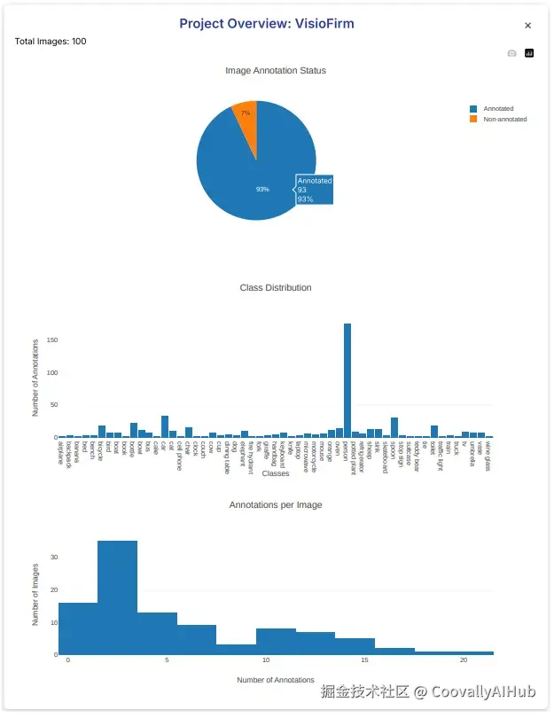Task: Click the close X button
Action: pos(528,27)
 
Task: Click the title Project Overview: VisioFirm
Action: pos(267,24)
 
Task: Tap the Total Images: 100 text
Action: pos(51,42)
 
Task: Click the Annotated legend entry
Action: pos(497,109)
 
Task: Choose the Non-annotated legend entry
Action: pos(504,119)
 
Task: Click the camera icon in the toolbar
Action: pos(511,53)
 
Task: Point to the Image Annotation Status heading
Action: pos(276,71)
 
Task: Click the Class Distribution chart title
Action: pos(276,288)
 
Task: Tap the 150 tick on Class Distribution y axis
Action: pos(51,340)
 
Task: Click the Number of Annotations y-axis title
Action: pos(35,378)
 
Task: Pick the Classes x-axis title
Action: pos(276,474)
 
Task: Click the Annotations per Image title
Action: pos(276,505)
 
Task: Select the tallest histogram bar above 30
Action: pos(118,597)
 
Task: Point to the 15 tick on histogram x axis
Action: pos(365,660)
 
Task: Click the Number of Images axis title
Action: pos(35,595)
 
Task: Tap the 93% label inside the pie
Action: pos(262,189)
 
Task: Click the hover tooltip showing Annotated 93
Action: pos(314,190)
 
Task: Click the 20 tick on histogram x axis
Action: pos(464,660)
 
